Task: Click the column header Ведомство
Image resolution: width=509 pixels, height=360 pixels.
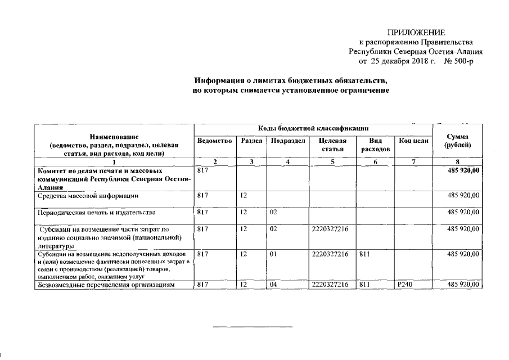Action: coord(215,140)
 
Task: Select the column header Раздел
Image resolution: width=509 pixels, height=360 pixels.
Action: coord(251,140)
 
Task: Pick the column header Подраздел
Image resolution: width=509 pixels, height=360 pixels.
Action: coord(287,140)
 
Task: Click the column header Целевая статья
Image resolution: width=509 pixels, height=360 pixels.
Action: coord(332,144)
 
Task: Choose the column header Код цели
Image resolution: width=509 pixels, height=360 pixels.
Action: coord(413,140)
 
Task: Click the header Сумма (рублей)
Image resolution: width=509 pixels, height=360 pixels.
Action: coord(457,141)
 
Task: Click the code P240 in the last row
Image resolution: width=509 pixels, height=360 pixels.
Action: coord(405,285)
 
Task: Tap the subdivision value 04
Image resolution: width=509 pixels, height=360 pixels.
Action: coord(273,285)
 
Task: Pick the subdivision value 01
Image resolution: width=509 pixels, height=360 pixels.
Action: coord(273,255)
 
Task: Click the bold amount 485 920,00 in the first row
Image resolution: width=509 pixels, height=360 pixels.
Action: coord(463,169)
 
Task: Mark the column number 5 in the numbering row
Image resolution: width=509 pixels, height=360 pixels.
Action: coord(332,162)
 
